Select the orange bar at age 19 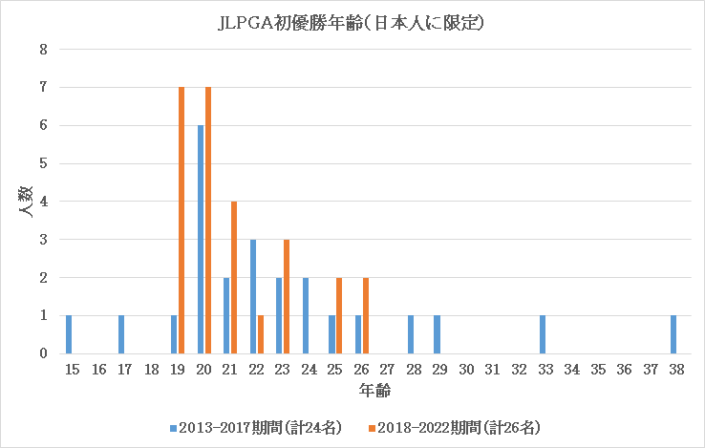182,221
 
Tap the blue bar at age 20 201,240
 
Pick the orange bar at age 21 234,278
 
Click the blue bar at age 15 69,334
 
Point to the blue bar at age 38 673,334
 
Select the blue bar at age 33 542,334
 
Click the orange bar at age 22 260,334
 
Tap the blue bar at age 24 306,316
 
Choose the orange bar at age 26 366,316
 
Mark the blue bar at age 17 121,334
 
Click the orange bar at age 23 287,297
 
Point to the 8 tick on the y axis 43,50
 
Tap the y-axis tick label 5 43,163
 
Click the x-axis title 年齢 374,391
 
